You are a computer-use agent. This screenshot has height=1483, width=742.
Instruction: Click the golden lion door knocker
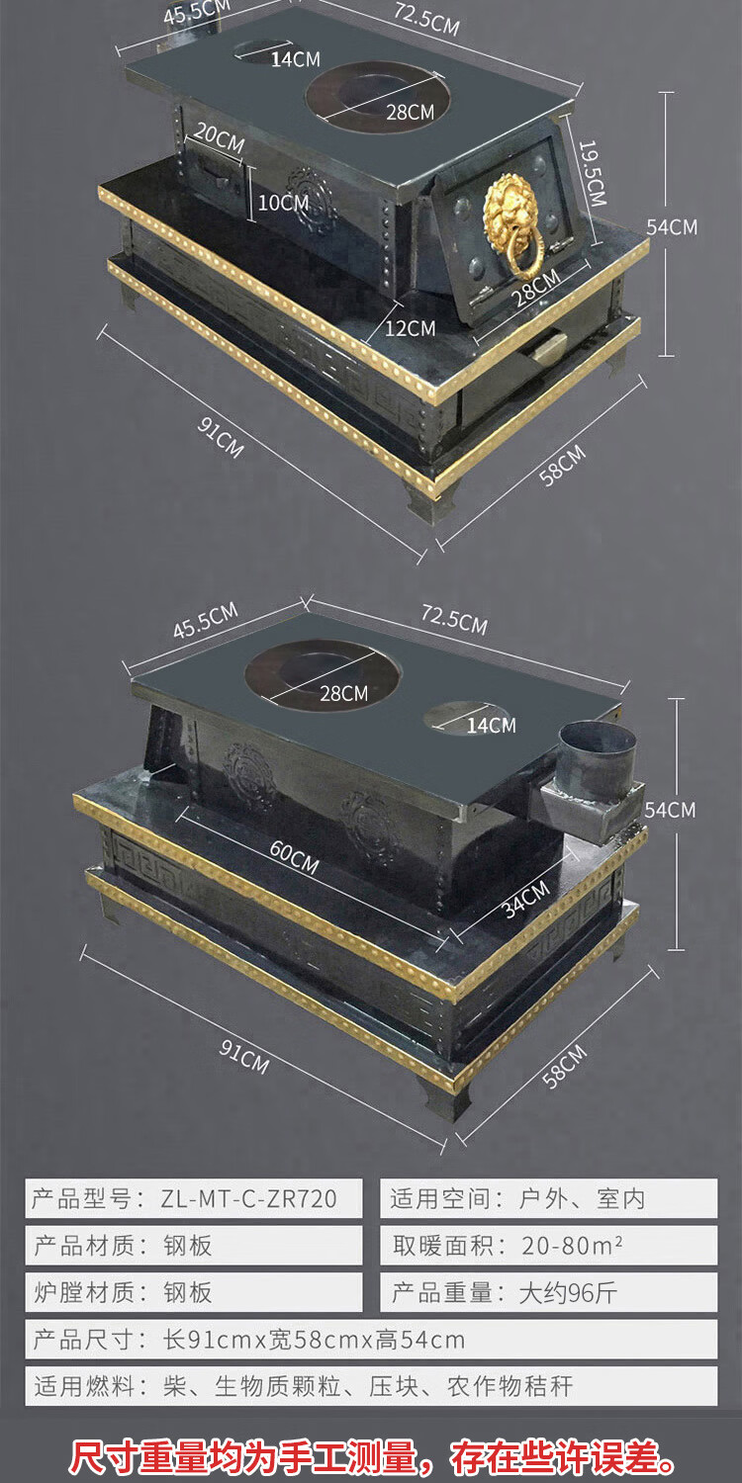(x=512, y=222)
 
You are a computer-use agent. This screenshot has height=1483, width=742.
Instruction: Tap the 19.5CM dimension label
(x=592, y=172)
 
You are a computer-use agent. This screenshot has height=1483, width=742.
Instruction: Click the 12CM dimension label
(x=409, y=327)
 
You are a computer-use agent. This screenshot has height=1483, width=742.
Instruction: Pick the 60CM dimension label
(x=294, y=858)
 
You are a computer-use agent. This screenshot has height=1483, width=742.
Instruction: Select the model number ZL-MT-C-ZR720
(x=248, y=1199)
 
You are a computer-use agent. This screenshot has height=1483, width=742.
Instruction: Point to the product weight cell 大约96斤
(x=568, y=1292)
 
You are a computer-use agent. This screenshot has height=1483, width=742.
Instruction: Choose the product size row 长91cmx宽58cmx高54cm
(x=314, y=1340)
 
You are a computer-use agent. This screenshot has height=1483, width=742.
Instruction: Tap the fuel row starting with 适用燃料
(x=303, y=1386)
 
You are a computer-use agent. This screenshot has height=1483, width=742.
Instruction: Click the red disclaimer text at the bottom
(x=371, y=1457)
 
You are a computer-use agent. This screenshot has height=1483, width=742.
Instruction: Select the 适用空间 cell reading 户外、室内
(x=582, y=1199)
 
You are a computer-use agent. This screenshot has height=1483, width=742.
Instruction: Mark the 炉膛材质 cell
(x=194, y=1292)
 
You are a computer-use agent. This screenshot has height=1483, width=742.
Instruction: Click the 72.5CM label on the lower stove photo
(x=454, y=619)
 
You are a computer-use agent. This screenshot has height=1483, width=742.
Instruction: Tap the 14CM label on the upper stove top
(x=295, y=59)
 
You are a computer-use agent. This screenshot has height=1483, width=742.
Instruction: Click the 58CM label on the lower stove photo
(x=564, y=1065)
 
